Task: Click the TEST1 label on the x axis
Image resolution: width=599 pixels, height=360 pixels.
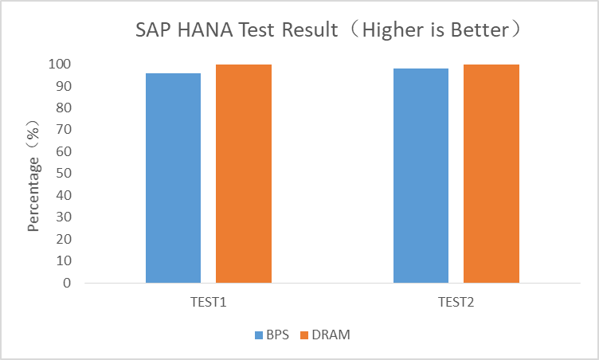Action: (209, 303)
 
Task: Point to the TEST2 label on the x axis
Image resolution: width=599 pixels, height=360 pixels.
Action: (456, 303)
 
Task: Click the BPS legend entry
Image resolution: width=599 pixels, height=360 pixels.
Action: (272, 335)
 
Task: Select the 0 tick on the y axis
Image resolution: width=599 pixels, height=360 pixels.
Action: (66, 283)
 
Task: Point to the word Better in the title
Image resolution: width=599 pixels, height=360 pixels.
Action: (485, 32)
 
